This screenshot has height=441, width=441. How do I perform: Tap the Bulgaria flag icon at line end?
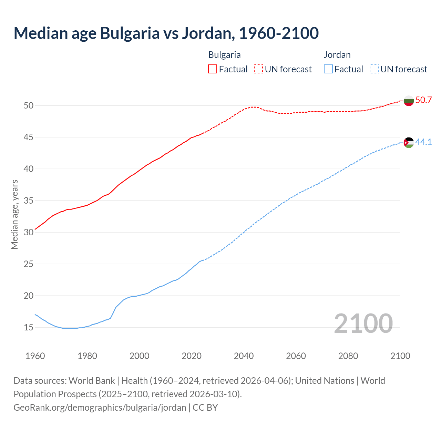(409, 101)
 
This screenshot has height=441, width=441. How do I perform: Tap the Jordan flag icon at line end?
(409, 142)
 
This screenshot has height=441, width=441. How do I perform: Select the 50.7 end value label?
(423, 100)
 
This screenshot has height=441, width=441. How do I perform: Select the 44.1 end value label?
(423, 142)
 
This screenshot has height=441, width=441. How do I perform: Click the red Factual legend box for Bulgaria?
(213, 69)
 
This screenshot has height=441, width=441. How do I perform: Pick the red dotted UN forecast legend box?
(258, 69)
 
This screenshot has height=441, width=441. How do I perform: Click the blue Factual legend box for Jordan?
(328, 69)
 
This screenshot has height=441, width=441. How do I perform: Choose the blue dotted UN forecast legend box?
(374, 69)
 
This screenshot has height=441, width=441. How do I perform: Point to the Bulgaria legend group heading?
(224, 55)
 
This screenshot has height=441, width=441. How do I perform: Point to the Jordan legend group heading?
(337, 55)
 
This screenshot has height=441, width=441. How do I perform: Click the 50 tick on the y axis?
(28, 105)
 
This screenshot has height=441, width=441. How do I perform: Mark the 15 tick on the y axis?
(28, 327)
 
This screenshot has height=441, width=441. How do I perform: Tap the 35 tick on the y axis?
(28, 201)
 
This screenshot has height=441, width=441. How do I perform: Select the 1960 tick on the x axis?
(35, 356)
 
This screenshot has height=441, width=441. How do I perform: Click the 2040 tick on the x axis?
(244, 356)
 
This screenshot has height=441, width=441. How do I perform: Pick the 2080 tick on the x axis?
(348, 356)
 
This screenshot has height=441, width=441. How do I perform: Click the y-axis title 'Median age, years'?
(14, 214)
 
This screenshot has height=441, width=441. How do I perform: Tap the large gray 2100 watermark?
(363, 323)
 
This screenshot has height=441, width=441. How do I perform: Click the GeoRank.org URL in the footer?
(100, 408)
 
